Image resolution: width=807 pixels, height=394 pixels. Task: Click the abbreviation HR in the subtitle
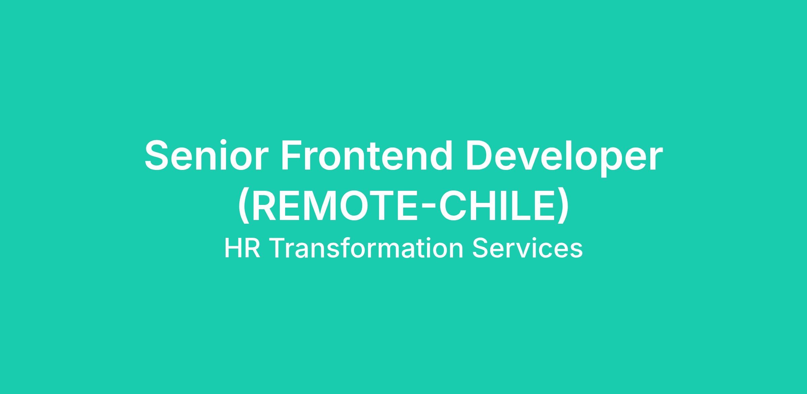coord(242,248)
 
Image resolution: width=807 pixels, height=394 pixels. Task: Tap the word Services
coord(527,248)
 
